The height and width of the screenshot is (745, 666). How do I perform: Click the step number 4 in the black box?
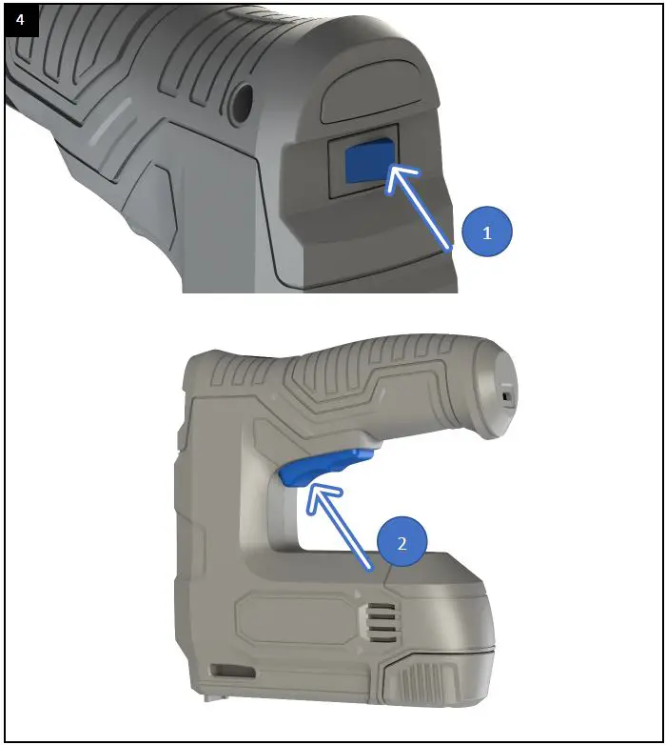click(21, 20)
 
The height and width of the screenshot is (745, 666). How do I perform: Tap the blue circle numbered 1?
click(487, 232)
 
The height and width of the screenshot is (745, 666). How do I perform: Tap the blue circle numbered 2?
click(402, 544)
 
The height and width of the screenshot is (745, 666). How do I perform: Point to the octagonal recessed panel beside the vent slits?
click(296, 625)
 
